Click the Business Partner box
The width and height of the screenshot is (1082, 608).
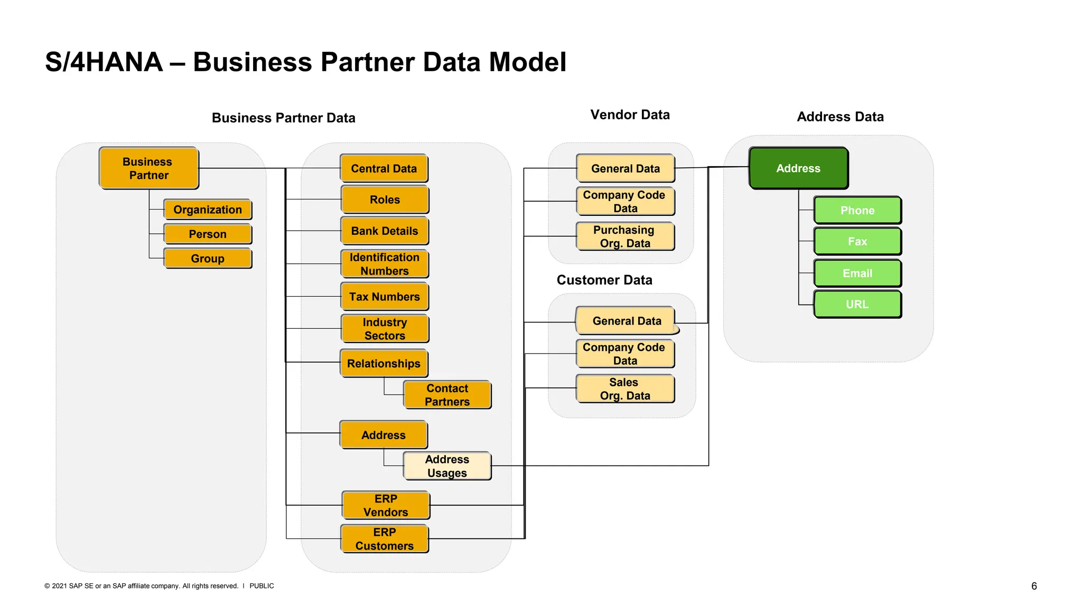[148, 168]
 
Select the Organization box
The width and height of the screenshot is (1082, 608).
[208, 210]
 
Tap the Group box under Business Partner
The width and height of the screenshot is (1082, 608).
[208, 259]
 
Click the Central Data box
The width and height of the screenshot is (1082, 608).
[384, 168]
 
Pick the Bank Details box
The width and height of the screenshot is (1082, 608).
[385, 231]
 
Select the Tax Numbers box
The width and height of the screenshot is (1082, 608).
[385, 297]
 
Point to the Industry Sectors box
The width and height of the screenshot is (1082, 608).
[385, 329]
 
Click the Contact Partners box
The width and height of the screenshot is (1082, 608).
[447, 395]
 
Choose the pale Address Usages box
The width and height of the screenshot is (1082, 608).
[447, 466]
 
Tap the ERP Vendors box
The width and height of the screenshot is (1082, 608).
[386, 505]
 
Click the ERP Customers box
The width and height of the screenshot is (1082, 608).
[385, 539]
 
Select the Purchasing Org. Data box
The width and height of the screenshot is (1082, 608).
[625, 236]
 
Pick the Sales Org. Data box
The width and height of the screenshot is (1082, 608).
[625, 389]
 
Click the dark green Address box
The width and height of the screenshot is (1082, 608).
[798, 168]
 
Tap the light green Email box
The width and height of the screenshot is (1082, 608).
[857, 273]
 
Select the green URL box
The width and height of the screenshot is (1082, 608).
[857, 305]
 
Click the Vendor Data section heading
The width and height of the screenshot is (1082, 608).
[630, 115]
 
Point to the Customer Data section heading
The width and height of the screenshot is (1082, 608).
[604, 280]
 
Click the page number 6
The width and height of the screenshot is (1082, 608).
[1034, 586]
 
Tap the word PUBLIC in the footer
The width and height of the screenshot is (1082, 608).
[262, 586]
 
